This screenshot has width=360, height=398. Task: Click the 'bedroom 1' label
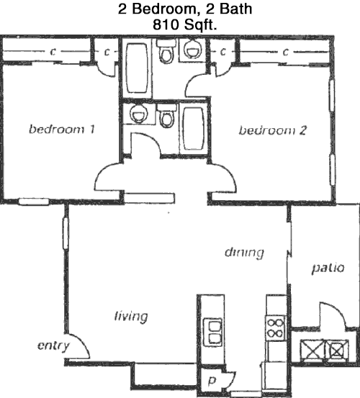(62, 130)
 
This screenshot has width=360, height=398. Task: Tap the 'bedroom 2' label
(273, 130)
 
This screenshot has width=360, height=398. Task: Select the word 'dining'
(244, 253)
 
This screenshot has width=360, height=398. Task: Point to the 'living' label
(131, 317)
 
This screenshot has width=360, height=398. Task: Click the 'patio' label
(328, 268)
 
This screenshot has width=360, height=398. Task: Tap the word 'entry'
(53, 346)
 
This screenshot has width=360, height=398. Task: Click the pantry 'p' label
(212, 380)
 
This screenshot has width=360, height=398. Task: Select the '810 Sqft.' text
(185, 25)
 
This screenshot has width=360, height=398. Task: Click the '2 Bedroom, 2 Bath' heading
(185, 9)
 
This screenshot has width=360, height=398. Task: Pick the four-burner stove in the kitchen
(276, 327)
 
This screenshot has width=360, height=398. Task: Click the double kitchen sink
(213, 333)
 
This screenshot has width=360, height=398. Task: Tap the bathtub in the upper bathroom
(137, 68)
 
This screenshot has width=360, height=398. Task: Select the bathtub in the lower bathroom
(194, 129)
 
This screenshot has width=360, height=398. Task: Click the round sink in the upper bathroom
(193, 49)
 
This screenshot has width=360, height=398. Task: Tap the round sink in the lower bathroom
(138, 114)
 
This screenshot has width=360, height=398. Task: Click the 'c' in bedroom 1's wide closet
(53, 52)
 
